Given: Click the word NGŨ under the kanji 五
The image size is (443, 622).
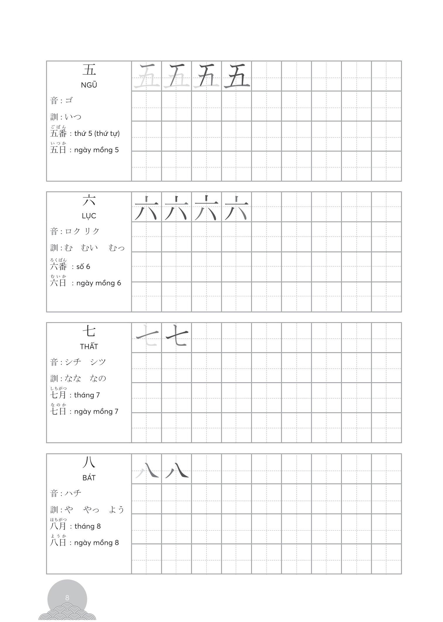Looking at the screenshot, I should coord(89,85).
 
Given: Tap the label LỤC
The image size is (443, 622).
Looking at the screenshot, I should coord(89,216).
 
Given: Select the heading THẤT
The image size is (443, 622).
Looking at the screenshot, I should coord(89,347).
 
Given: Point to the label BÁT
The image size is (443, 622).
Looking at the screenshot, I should coord(89,478).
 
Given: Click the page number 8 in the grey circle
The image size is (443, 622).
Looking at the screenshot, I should coord(67,598).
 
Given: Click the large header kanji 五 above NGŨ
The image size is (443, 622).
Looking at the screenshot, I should coord(89,70).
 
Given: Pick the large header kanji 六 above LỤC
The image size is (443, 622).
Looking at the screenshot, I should coord(89,201).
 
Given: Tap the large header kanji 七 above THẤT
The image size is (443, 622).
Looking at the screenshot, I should coord(89,331).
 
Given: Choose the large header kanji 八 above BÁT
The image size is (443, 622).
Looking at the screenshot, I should coord(89,463).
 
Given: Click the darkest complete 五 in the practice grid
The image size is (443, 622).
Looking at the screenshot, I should coord(236,76).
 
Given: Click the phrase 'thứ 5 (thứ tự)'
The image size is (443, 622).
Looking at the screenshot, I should coord(97,134).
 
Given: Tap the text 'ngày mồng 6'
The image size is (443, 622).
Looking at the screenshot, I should coord(98,283).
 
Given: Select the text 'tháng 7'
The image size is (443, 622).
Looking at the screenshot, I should coord(87,395).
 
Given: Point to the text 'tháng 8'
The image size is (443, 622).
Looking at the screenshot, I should coord(87,526).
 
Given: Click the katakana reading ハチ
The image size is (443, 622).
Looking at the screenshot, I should coord(73,493).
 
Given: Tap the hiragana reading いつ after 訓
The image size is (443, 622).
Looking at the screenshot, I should coord(73,117).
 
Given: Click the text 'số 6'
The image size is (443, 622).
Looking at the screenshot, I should coord(83,267).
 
